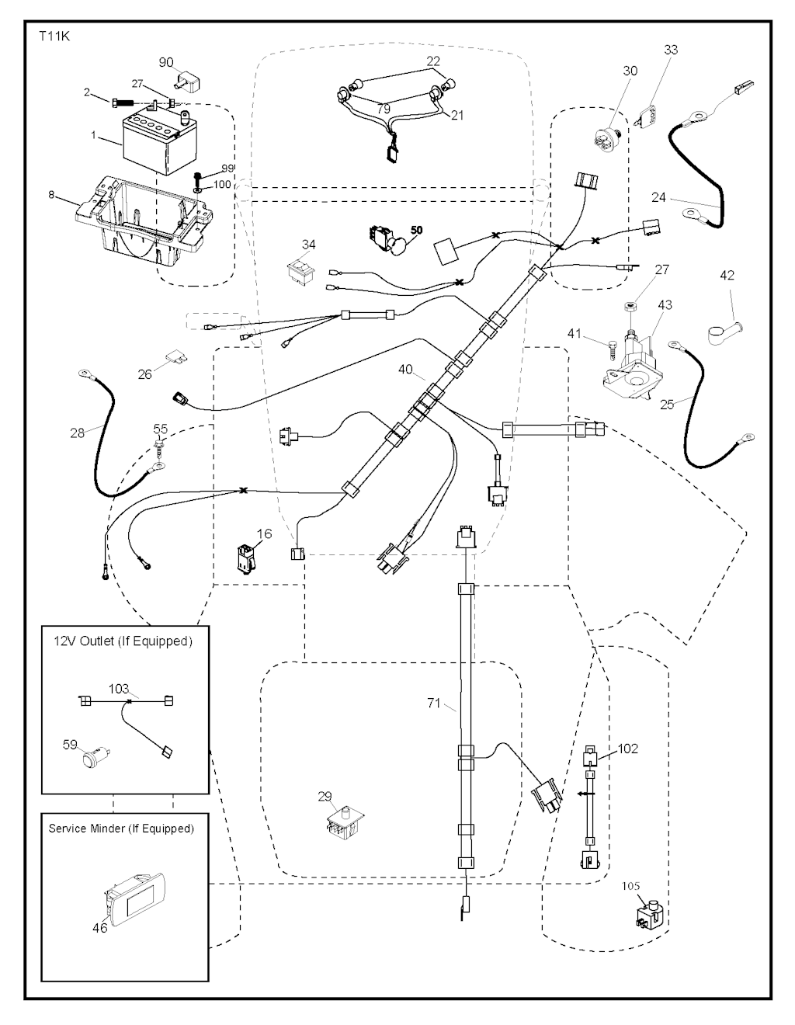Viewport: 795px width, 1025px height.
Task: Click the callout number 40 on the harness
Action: click(405, 370)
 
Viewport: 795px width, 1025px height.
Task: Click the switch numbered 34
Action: click(301, 271)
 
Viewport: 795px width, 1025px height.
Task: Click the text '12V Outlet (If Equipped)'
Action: click(122, 641)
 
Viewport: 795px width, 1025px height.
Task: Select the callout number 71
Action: click(434, 704)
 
